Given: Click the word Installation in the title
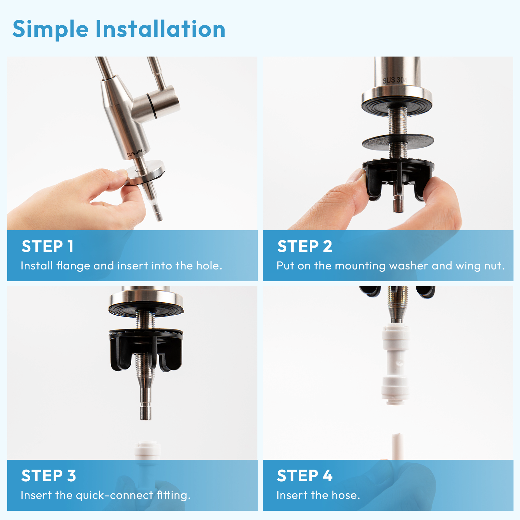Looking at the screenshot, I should pyautogui.click(x=160, y=29).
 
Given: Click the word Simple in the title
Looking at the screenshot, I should pyautogui.click(x=50, y=29).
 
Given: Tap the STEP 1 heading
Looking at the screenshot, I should pyautogui.click(x=47, y=246).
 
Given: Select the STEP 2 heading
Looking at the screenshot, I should pyautogui.click(x=305, y=246).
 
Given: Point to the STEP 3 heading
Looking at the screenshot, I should pyautogui.click(x=49, y=476).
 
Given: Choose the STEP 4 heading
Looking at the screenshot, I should pyautogui.click(x=305, y=476).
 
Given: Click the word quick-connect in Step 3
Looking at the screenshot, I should pyautogui.click(x=114, y=495).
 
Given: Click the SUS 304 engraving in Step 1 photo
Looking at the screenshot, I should pyautogui.click(x=135, y=153).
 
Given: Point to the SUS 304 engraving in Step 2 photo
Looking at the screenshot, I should pyautogui.click(x=394, y=80).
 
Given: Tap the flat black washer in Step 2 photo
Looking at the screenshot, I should pyautogui.click(x=398, y=142).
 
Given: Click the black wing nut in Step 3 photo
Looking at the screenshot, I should pyautogui.click(x=146, y=349).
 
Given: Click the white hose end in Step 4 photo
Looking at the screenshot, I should pyautogui.click(x=397, y=445).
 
